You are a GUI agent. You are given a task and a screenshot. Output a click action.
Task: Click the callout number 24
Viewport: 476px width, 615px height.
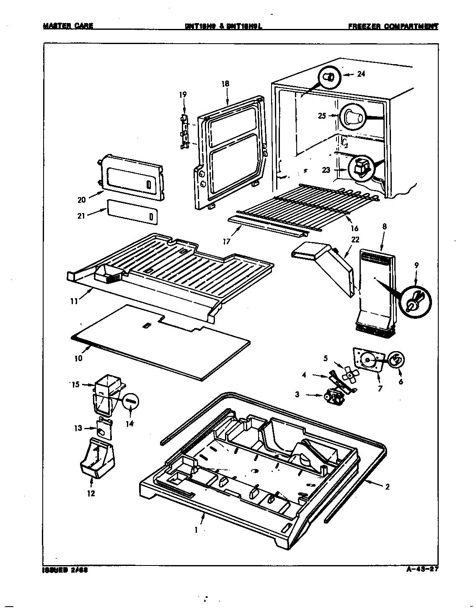361,74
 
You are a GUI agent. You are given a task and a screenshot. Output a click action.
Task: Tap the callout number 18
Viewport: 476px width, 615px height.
225,83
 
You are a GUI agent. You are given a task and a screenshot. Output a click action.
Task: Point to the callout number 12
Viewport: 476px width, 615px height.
91,493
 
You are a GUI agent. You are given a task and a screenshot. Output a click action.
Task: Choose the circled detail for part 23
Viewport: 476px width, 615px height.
361,168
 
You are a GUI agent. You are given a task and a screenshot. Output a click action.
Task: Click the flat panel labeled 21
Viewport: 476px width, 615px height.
132,211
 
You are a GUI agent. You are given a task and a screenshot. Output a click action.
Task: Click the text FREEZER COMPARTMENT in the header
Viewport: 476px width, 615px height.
393,26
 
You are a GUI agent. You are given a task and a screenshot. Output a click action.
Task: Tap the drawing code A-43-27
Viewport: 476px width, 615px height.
422,569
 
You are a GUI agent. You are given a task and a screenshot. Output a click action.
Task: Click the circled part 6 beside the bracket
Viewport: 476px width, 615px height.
396,359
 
